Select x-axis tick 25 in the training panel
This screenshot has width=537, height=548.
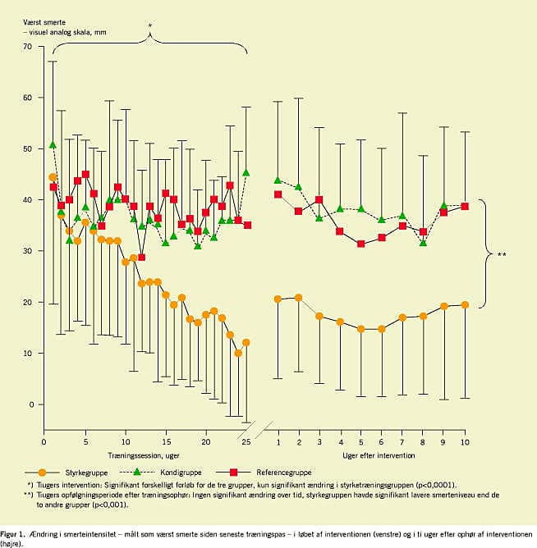[246, 443]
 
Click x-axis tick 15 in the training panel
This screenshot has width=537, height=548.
[166, 443]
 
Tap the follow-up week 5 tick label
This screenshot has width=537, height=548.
[361, 443]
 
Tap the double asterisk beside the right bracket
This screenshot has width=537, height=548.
[501, 254]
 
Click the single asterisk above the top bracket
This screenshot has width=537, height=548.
[149, 26]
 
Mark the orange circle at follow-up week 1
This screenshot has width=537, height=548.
[278, 299]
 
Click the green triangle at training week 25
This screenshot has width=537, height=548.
[246, 173]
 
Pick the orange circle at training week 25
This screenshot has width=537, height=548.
[246, 342]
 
